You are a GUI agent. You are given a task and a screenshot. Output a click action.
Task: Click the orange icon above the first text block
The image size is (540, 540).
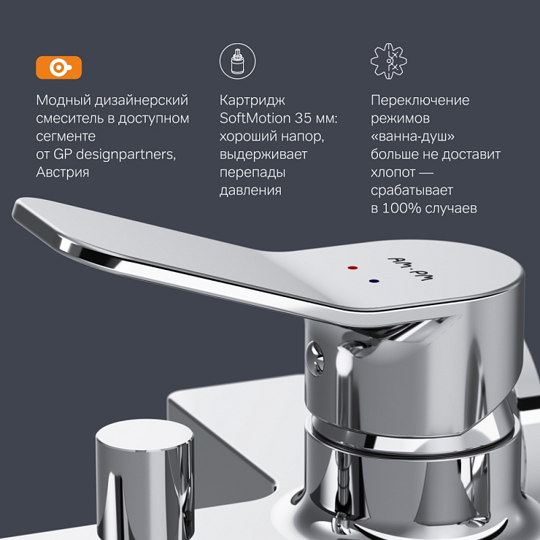[x=59, y=67]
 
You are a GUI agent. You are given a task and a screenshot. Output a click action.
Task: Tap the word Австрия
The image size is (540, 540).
[x=62, y=172]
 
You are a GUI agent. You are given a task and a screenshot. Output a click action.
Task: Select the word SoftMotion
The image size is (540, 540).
[x=252, y=118]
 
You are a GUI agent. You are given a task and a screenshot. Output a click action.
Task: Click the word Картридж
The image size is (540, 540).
[x=252, y=100]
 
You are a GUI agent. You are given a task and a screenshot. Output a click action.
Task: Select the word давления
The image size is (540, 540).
[x=250, y=190]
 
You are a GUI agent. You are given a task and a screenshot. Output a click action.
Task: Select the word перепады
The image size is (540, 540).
[x=252, y=172]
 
